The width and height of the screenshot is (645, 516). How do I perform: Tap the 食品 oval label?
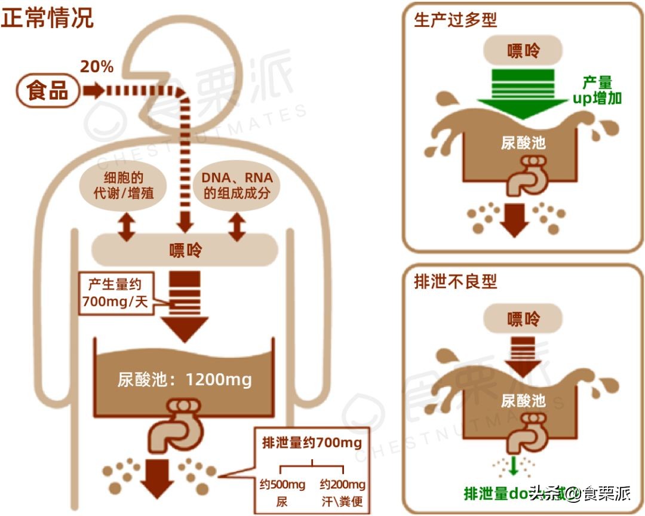tap(48, 91)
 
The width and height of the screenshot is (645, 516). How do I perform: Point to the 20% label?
tap(97, 66)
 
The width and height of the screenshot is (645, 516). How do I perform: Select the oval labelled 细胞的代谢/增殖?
tap(126, 185)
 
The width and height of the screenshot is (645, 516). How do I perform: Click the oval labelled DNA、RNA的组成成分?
tap(236, 185)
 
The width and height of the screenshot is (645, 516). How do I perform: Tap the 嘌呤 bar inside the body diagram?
tap(185, 250)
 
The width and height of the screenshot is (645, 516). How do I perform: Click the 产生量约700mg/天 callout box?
tap(116, 294)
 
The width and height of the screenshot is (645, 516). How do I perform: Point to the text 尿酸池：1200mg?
tap(185, 379)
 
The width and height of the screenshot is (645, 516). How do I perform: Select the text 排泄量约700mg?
tap(312, 443)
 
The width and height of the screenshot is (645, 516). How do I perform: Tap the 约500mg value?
tap(282, 484)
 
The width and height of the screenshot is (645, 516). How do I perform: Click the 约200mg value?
tap(342, 484)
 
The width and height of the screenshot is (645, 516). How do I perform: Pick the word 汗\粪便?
tap(342, 501)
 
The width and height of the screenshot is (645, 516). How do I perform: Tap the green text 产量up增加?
tap(597, 90)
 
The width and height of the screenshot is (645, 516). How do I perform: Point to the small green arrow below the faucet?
tap(512, 466)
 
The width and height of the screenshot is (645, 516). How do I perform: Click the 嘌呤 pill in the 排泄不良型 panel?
tap(523, 320)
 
